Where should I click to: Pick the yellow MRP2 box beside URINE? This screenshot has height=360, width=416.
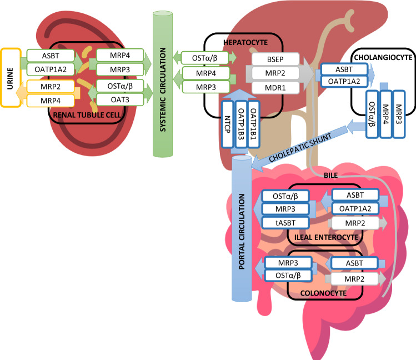click(47, 86)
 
